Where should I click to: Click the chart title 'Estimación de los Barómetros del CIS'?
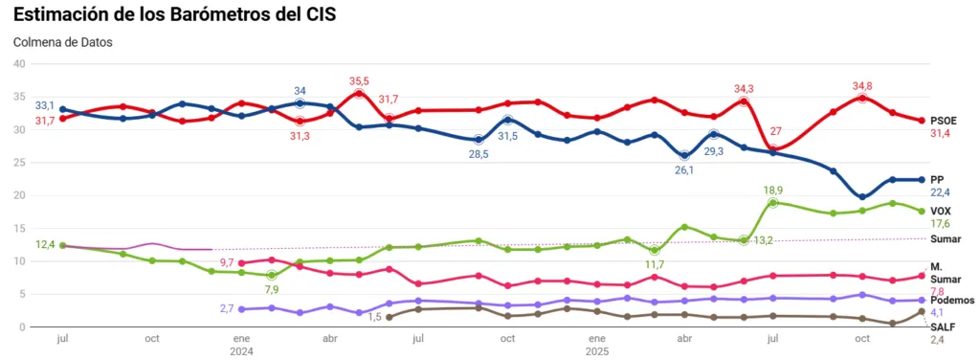(175, 15)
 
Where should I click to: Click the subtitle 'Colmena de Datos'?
(62, 43)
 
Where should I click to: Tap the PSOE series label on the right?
(945, 120)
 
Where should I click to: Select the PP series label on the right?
(938, 179)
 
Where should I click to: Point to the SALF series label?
(943, 326)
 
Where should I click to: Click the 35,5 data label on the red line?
(360, 81)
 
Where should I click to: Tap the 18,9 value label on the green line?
(772, 191)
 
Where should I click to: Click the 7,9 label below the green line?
(271, 289)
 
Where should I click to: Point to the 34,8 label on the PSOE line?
(862, 86)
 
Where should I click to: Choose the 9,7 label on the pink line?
(227, 262)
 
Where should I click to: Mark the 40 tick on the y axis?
(18, 64)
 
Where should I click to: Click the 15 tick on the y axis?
(18, 229)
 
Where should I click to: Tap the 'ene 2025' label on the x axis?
(595, 345)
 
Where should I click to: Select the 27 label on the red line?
(776, 132)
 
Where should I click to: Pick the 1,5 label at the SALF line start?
(375, 317)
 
